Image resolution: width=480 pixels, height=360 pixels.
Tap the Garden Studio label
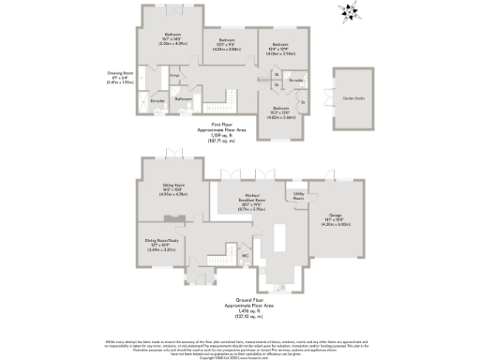pos(352,96)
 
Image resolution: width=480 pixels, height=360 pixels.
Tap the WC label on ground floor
pos(244,254)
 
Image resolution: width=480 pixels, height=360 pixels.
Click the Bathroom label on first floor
pos(184,98)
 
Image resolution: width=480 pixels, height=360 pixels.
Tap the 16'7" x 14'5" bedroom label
pos(170,38)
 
